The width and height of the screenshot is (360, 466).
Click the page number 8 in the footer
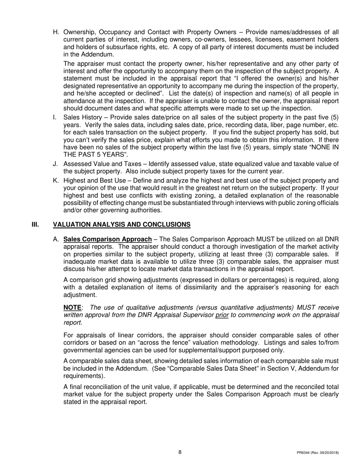tap(180, 452)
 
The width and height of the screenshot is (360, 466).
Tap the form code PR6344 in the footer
tap(304, 453)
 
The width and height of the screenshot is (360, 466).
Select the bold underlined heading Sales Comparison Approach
tap(108, 239)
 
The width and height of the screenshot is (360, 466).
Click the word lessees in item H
tap(226, 40)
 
